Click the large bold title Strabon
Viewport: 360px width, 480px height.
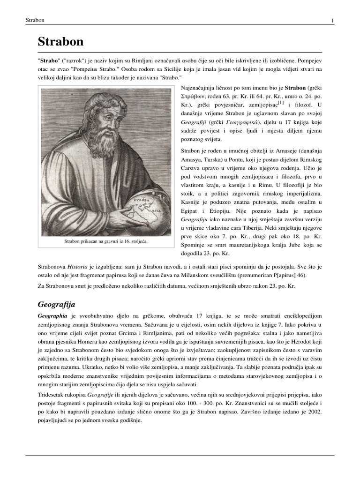[60, 42]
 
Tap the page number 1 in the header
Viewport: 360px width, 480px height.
[332, 20]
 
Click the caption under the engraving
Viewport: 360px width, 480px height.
[105, 241]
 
